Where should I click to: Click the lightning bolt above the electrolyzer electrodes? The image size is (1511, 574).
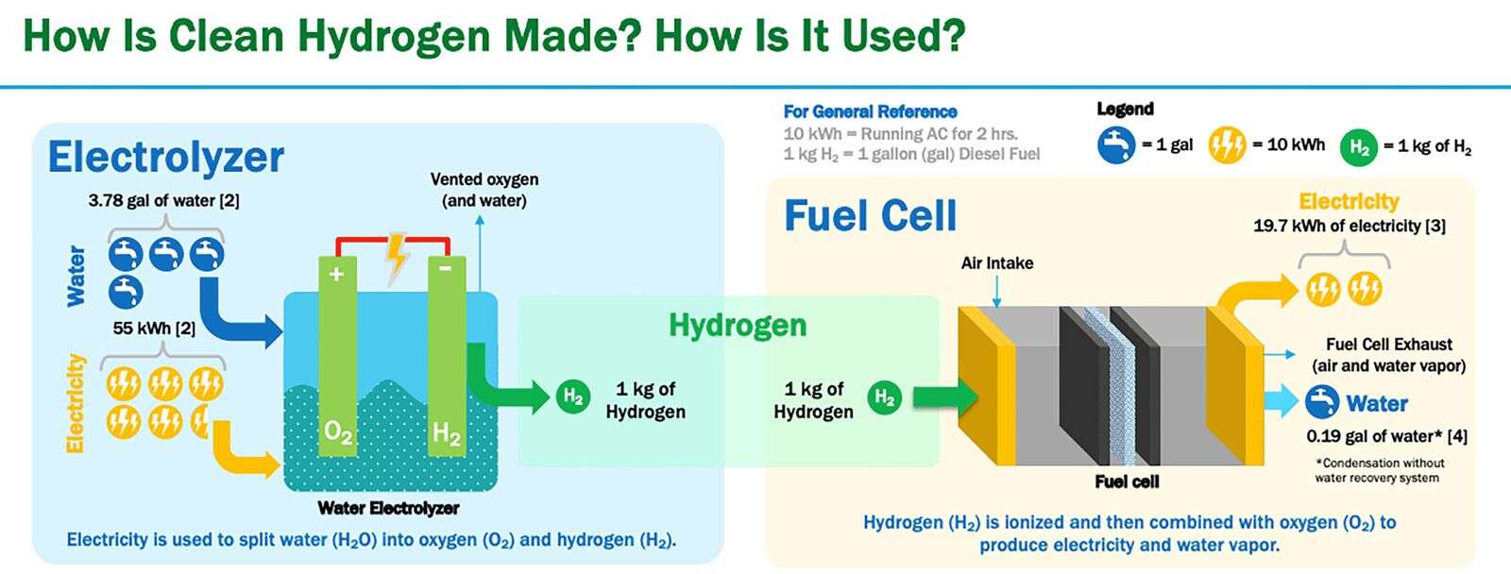tap(396, 259)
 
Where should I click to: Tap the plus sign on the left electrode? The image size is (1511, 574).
tap(336, 274)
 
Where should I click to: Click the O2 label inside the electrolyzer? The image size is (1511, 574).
tap(338, 431)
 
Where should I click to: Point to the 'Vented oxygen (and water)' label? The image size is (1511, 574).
tap(484, 190)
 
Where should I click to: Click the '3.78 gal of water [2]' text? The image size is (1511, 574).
tap(164, 200)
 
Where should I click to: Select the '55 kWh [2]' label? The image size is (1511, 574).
tap(155, 329)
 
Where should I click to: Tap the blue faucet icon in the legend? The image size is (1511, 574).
tap(1115, 145)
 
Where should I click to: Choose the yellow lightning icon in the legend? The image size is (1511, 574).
tap(1227, 145)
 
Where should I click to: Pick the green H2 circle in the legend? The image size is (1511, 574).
tap(1359, 147)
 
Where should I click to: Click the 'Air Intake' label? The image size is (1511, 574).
tap(997, 263)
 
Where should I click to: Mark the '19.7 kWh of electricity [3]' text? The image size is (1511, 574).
tap(1350, 226)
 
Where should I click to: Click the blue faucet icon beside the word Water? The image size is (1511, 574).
tap(1322, 403)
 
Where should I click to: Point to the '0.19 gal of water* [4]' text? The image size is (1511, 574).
tap(1387, 436)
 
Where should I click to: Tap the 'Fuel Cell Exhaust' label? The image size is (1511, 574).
tap(1389, 345)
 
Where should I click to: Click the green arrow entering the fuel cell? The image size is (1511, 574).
tap(945, 397)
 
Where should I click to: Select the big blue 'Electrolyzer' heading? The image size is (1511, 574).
tap(166, 158)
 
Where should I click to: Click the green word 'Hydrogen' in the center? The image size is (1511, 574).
tap(738, 325)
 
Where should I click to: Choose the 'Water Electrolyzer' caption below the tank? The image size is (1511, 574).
tap(388, 508)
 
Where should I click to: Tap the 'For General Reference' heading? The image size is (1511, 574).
tap(870, 111)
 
